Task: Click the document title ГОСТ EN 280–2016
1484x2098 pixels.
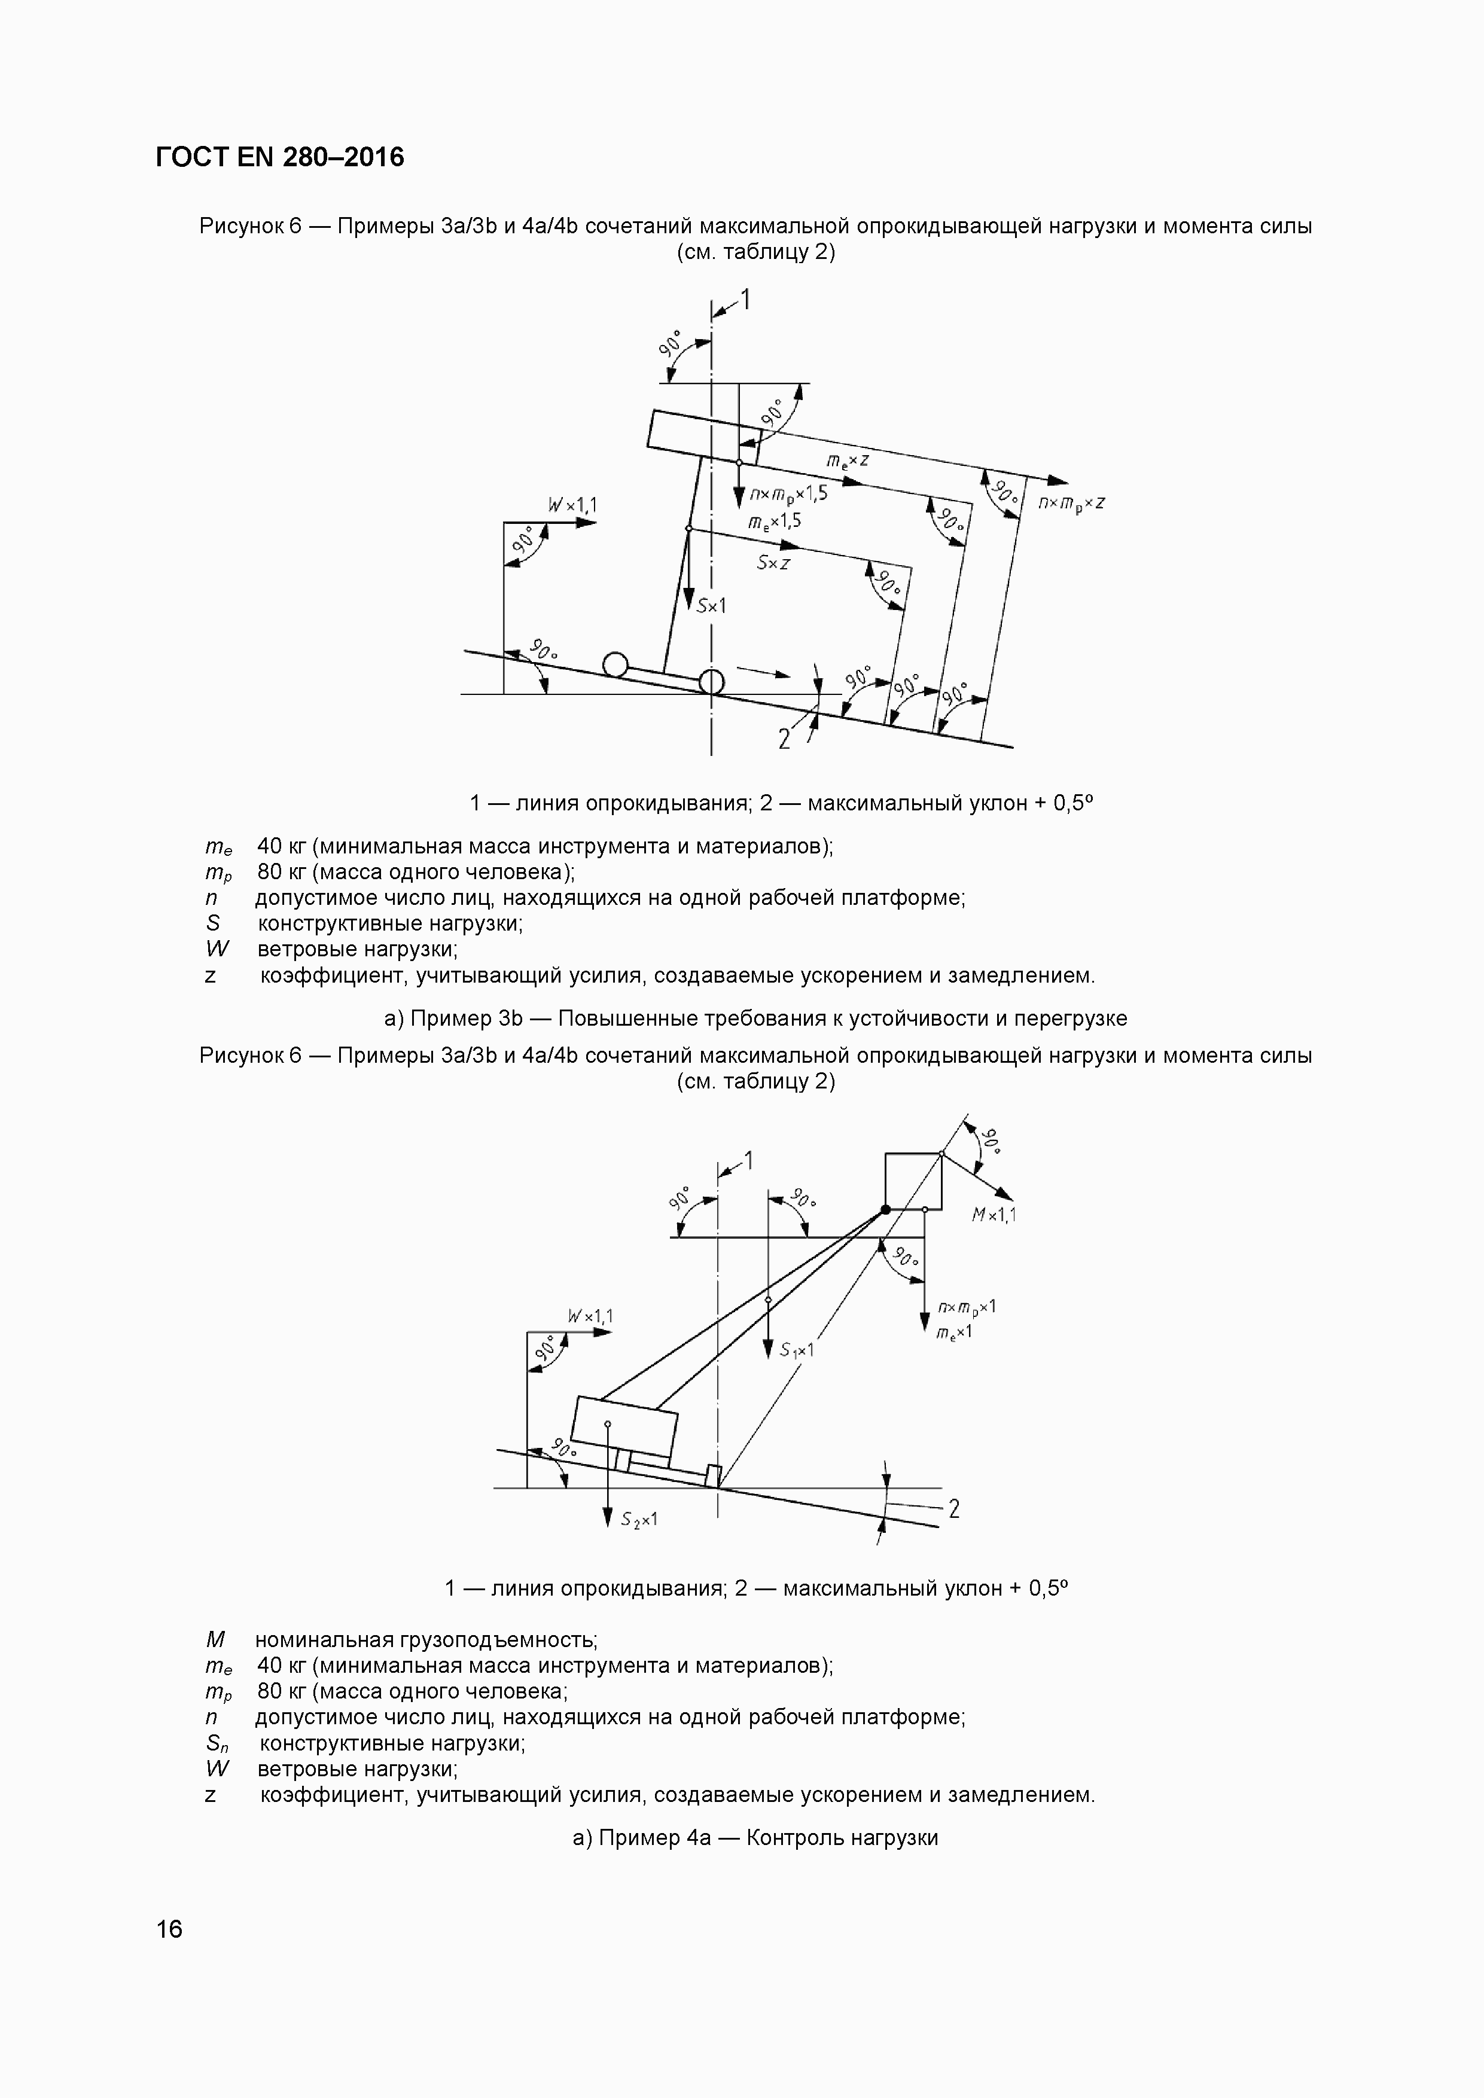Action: pos(279,158)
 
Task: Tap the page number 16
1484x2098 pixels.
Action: pos(169,1929)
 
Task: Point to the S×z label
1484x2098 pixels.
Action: pos(773,563)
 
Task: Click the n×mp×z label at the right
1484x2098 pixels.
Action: pos(1072,504)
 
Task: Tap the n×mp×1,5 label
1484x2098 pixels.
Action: pos(788,495)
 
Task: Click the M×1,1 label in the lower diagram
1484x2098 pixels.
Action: pos(994,1215)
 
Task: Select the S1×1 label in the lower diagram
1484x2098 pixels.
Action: pos(797,1349)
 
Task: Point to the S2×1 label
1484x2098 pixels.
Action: pos(639,1518)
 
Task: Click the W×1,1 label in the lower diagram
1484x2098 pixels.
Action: pos(590,1316)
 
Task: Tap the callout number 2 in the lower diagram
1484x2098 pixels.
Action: pos(954,1509)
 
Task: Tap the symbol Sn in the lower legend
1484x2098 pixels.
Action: pos(217,1743)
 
